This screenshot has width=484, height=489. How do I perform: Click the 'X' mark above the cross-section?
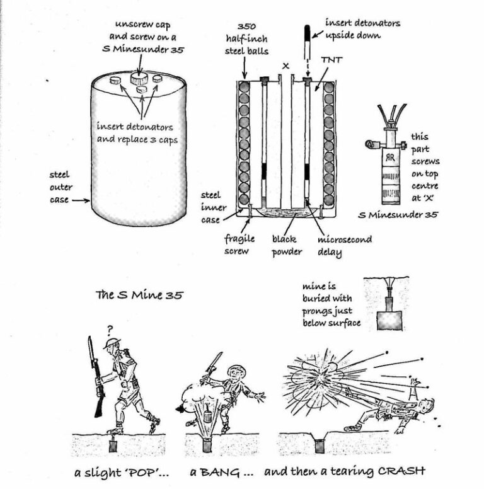click(x=285, y=66)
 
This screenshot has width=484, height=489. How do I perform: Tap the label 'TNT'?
click(x=332, y=60)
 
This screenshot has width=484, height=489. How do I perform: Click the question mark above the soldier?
click(x=110, y=330)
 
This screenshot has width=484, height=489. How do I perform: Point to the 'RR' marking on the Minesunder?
click(x=390, y=158)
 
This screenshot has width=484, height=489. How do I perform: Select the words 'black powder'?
click(x=287, y=246)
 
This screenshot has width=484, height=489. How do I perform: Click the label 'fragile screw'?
click(x=239, y=245)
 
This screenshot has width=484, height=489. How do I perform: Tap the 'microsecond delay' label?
click(x=345, y=246)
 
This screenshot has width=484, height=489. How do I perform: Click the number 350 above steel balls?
click(x=246, y=26)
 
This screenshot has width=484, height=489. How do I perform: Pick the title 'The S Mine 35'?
click(x=139, y=295)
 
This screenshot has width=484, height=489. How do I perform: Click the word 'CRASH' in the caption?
click(x=401, y=471)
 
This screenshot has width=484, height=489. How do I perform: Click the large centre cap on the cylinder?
click(x=139, y=78)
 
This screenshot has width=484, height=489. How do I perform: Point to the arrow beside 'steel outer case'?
click(x=81, y=200)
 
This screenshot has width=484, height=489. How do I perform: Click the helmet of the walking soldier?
click(x=112, y=343)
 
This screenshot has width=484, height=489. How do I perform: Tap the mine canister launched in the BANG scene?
click(x=207, y=416)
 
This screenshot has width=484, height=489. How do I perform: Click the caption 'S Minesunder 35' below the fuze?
click(x=398, y=214)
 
